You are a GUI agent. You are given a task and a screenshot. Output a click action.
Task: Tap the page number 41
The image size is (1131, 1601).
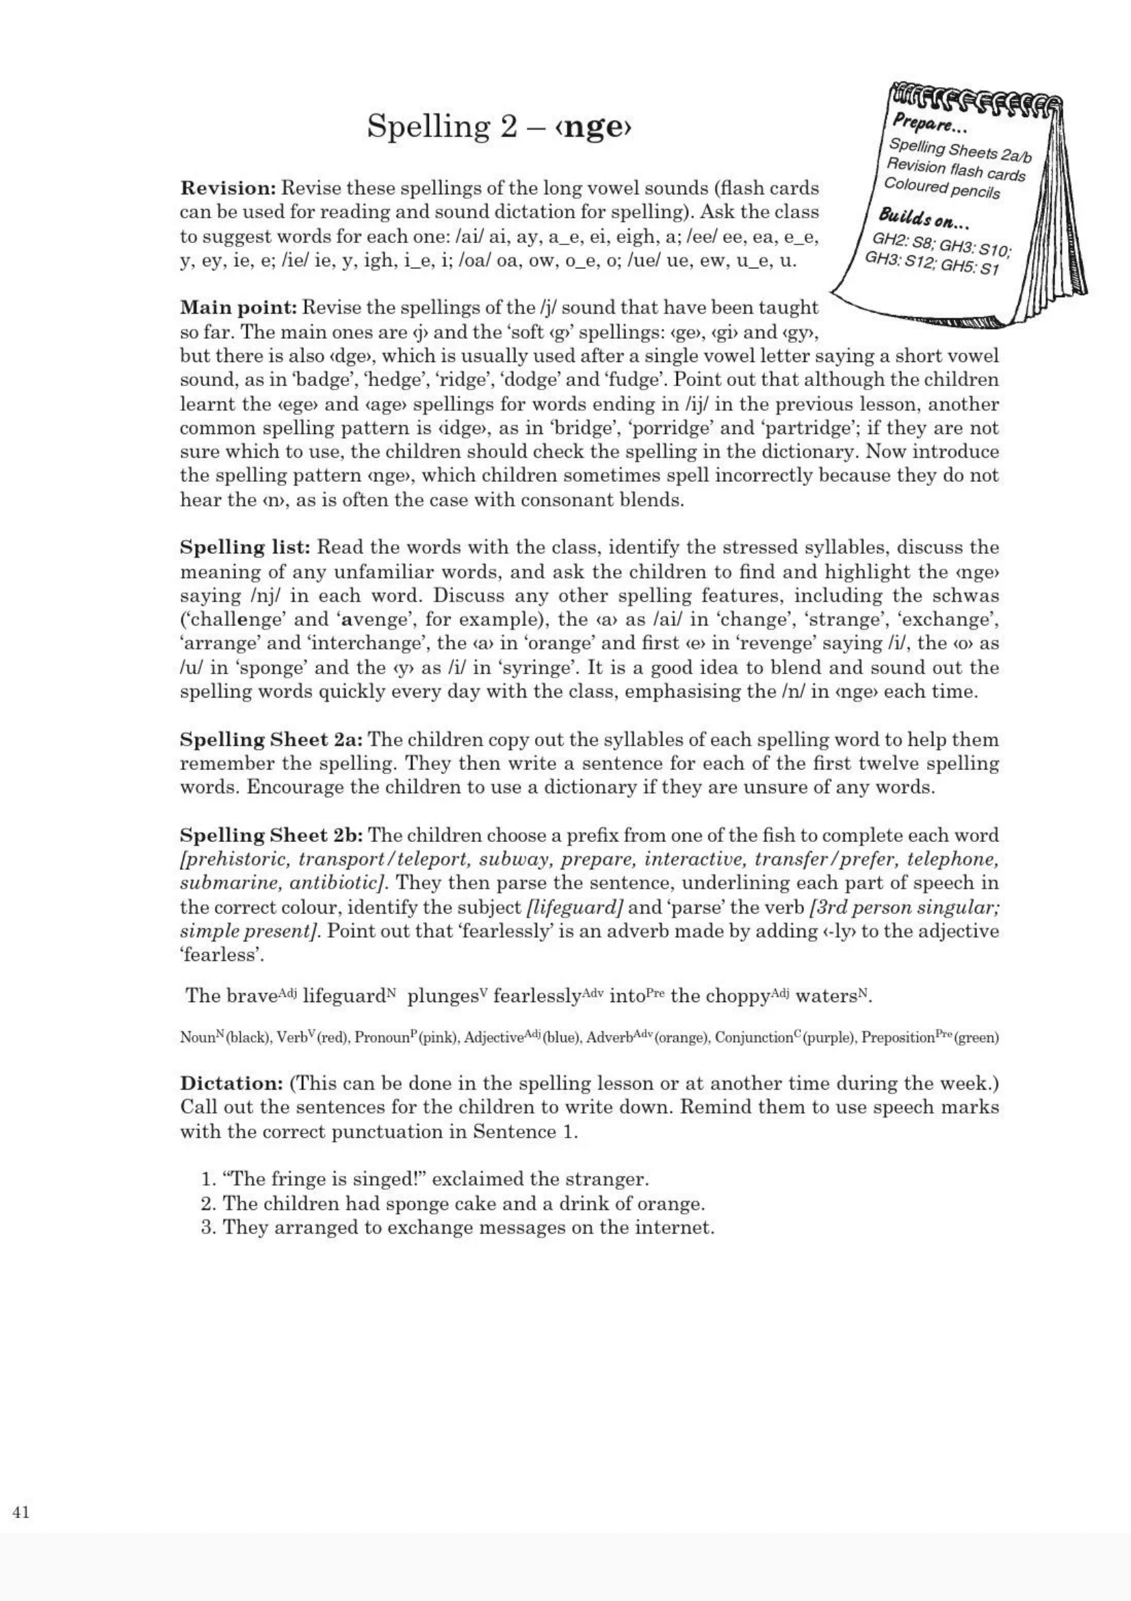click(21, 1512)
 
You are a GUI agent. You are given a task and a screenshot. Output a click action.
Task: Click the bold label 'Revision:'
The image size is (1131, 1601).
click(229, 188)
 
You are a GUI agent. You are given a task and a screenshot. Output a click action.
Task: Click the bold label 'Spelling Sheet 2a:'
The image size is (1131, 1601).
click(272, 739)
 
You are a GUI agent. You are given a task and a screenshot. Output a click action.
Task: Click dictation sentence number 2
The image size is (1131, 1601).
click(453, 1203)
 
